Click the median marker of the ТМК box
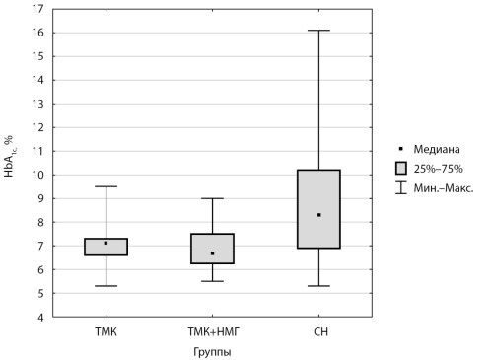click(106, 243)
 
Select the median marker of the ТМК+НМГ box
click(213, 253)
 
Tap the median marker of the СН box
click(318, 215)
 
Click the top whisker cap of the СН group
click(318, 31)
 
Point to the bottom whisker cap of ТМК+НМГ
click(213, 281)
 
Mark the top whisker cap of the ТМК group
click(106, 186)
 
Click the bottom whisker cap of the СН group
click(318, 286)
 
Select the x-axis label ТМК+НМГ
click(214, 331)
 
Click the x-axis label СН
click(320, 331)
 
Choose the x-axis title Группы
click(212, 352)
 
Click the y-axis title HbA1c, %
click(10, 156)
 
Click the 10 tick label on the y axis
click(38, 175)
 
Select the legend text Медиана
click(437, 149)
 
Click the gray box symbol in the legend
click(401, 169)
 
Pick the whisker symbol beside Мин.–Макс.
click(401, 187)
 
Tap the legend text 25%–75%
click(438, 169)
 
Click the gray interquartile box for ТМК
click(106, 247)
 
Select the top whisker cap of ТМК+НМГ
click(213, 198)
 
